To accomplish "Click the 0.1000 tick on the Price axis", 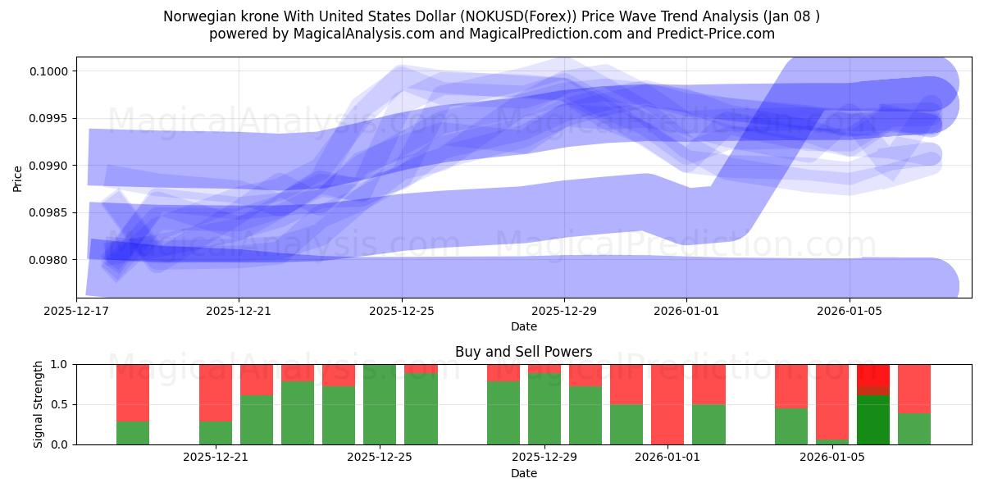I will click(x=51, y=71).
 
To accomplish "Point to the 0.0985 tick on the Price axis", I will click(x=51, y=213).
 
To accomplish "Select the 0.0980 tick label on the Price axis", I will click(x=51, y=260).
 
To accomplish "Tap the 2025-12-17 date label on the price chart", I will click(x=76, y=311).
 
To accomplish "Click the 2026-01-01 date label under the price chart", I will click(x=687, y=311).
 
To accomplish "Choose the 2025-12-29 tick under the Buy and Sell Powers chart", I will click(x=544, y=458).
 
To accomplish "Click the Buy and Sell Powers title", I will click(x=523, y=352).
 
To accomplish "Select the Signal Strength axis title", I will click(x=39, y=404).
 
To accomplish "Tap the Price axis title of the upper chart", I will click(x=18, y=177).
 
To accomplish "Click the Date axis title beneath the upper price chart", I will click(x=523, y=326).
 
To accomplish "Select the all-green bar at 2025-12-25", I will click(x=380, y=404).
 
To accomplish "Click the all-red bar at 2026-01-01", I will click(x=667, y=404).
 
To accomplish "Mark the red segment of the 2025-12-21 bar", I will click(x=216, y=392).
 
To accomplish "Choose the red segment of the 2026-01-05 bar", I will click(x=832, y=402).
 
